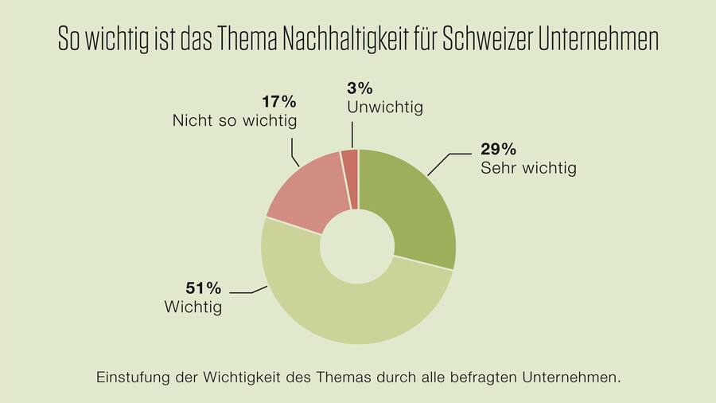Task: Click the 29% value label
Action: [x=499, y=150]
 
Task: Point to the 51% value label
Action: [x=182, y=288]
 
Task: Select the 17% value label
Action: [x=278, y=102]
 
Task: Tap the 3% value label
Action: [x=358, y=87]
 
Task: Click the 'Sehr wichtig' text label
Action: [x=528, y=168]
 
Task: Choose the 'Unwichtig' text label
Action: [x=385, y=106]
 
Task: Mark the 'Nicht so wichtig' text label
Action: [x=234, y=121]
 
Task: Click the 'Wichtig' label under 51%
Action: [x=193, y=307]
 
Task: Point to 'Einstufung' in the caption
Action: [x=132, y=375]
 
